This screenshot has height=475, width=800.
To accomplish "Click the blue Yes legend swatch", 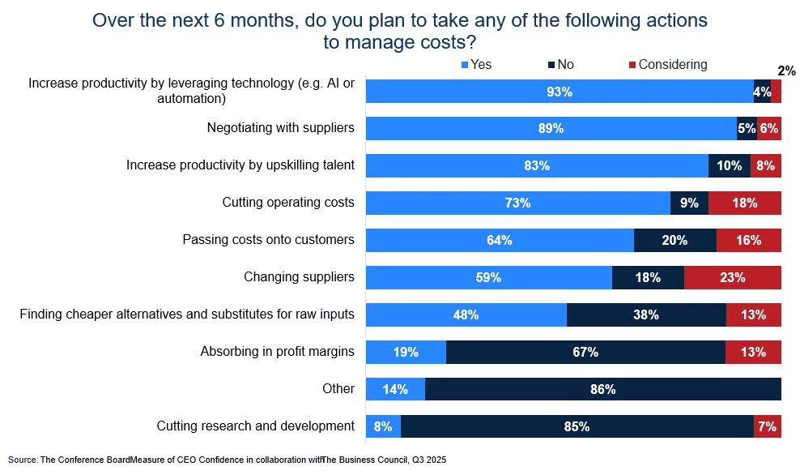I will click(465, 65).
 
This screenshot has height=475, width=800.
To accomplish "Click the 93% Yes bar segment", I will click(559, 92).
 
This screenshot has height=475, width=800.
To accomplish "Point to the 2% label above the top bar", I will click(786, 71).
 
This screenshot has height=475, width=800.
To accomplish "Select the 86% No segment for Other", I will click(602, 389).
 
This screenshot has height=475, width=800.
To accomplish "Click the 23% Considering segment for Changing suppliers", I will click(732, 277).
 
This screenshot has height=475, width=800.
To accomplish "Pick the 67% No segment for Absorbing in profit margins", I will click(585, 352).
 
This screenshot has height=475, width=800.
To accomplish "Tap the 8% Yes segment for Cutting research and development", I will click(383, 426).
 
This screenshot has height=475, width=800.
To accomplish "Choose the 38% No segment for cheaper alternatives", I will click(645, 315).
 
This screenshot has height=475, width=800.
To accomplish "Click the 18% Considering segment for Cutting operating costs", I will click(744, 203).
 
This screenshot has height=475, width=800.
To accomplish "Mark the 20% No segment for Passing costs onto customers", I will click(674, 240).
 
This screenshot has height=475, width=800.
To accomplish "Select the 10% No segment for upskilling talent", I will click(729, 165).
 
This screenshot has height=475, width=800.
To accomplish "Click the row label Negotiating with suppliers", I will click(280, 128).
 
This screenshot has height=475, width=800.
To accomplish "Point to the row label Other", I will click(338, 389).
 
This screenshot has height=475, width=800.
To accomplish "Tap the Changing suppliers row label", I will click(299, 277).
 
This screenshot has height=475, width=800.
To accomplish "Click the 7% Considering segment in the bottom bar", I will click(767, 426).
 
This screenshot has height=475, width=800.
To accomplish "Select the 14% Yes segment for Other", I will click(395, 389).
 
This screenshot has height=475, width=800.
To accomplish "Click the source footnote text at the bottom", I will click(227, 460).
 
